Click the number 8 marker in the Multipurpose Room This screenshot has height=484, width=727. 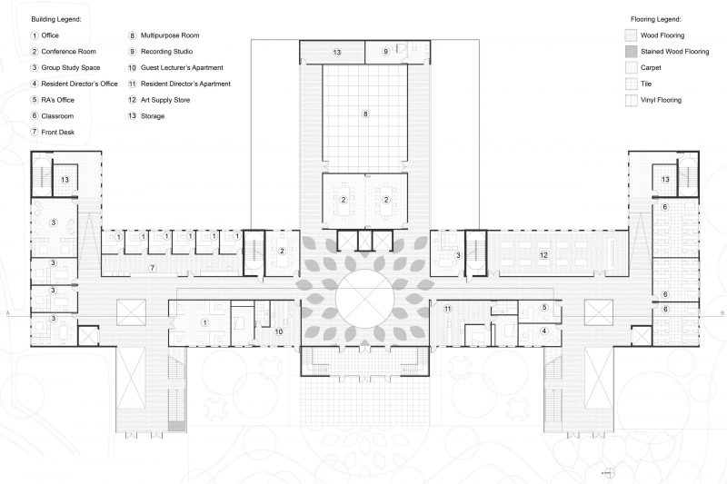[x=365, y=114]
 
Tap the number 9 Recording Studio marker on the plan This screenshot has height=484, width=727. [x=385, y=53]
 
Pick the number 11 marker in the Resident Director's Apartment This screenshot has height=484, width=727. [x=447, y=310]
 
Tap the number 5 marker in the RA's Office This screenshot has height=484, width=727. [x=544, y=308]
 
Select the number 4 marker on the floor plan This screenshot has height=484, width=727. [x=544, y=331]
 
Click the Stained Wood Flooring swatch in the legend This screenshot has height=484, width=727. [x=631, y=51]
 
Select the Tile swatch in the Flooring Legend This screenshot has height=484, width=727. [x=631, y=84]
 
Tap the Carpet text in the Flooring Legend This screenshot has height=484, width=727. [x=651, y=67]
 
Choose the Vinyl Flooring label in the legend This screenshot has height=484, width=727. [x=661, y=100]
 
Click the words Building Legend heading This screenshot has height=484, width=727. [x=55, y=18]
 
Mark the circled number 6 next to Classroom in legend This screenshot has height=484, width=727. [x=34, y=116]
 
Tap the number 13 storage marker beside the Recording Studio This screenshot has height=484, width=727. [x=336, y=53]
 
